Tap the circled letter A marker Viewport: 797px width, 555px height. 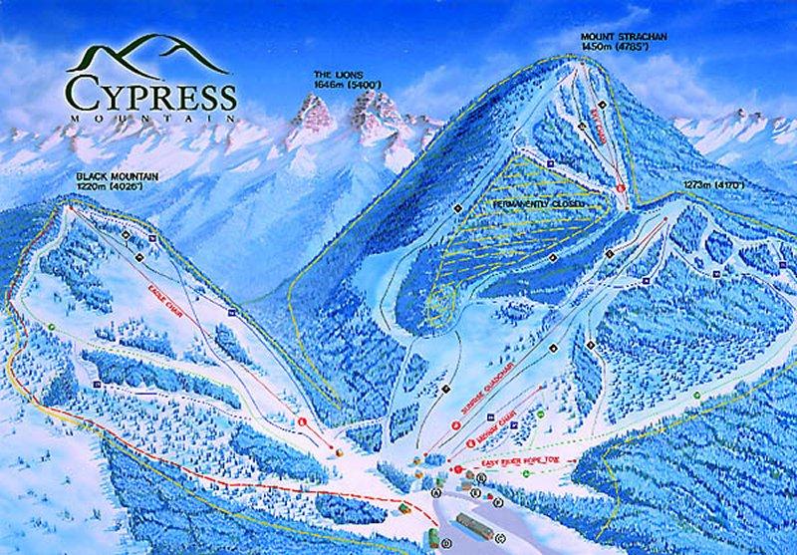tap(435, 492)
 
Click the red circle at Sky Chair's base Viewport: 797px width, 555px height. tap(619, 187)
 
